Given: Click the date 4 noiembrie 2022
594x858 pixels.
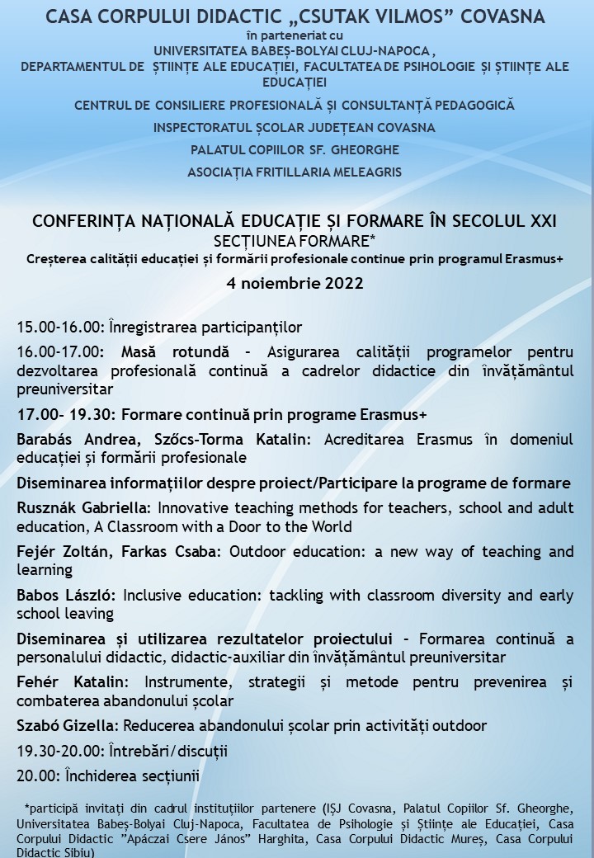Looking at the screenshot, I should coord(295,283).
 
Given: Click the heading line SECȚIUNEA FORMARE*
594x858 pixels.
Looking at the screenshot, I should coord(294,240).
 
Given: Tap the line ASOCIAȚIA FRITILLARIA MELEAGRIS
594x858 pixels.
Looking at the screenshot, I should coord(295,172).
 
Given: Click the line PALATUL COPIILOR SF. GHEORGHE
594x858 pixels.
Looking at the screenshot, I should coord(295,149).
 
